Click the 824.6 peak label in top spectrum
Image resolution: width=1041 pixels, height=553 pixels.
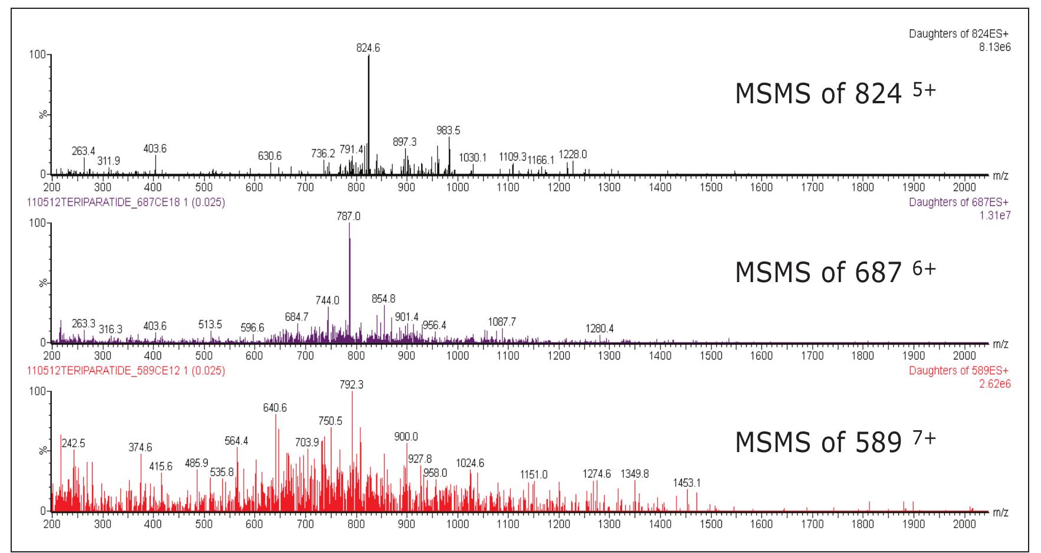pyautogui.click(x=368, y=48)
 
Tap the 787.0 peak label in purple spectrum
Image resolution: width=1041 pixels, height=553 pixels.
pyautogui.click(x=349, y=217)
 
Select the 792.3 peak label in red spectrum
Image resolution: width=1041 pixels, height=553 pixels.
pyautogui.click(x=352, y=385)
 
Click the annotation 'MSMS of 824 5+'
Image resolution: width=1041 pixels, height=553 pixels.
pyautogui.click(x=835, y=94)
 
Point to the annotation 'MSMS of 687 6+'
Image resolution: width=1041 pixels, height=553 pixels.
pyautogui.click(x=835, y=272)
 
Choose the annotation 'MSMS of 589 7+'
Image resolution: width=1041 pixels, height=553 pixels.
pyautogui.click(x=835, y=442)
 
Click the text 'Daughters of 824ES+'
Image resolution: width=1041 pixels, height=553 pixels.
pyautogui.click(x=960, y=34)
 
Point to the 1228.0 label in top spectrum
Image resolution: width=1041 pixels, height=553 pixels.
pyautogui.click(x=573, y=155)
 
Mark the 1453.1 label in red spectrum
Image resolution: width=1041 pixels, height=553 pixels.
pyautogui.click(x=687, y=483)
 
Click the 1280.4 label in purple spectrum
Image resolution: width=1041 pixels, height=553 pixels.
pyautogui.click(x=599, y=328)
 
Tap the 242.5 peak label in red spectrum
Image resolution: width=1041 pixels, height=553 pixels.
pyautogui.click(x=73, y=443)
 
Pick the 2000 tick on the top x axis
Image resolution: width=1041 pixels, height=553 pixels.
pyautogui.click(x=964, y=188)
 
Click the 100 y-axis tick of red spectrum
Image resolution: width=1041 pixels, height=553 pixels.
pyautogui.click(x=37, y=392)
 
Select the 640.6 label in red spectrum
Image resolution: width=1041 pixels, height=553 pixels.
pyautogui.click(x=275, y=408)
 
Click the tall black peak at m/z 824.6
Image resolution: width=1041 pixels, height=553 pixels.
pyautogui.click(x=369, y=118)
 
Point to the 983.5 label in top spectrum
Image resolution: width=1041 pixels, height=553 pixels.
pyautogui.click(x=448, y=130)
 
